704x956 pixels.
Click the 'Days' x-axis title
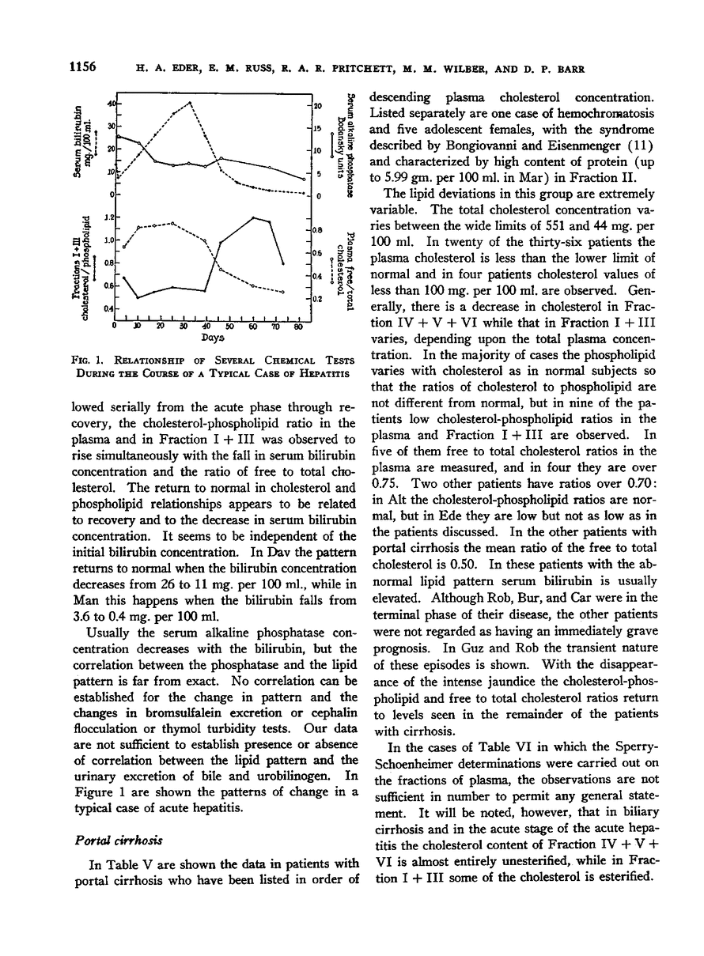tap(208, 338)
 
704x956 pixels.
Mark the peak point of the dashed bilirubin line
tap(190, 103)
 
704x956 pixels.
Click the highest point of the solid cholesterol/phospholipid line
tap(253, 217)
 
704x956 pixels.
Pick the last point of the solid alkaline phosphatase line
tap(305, 179)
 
